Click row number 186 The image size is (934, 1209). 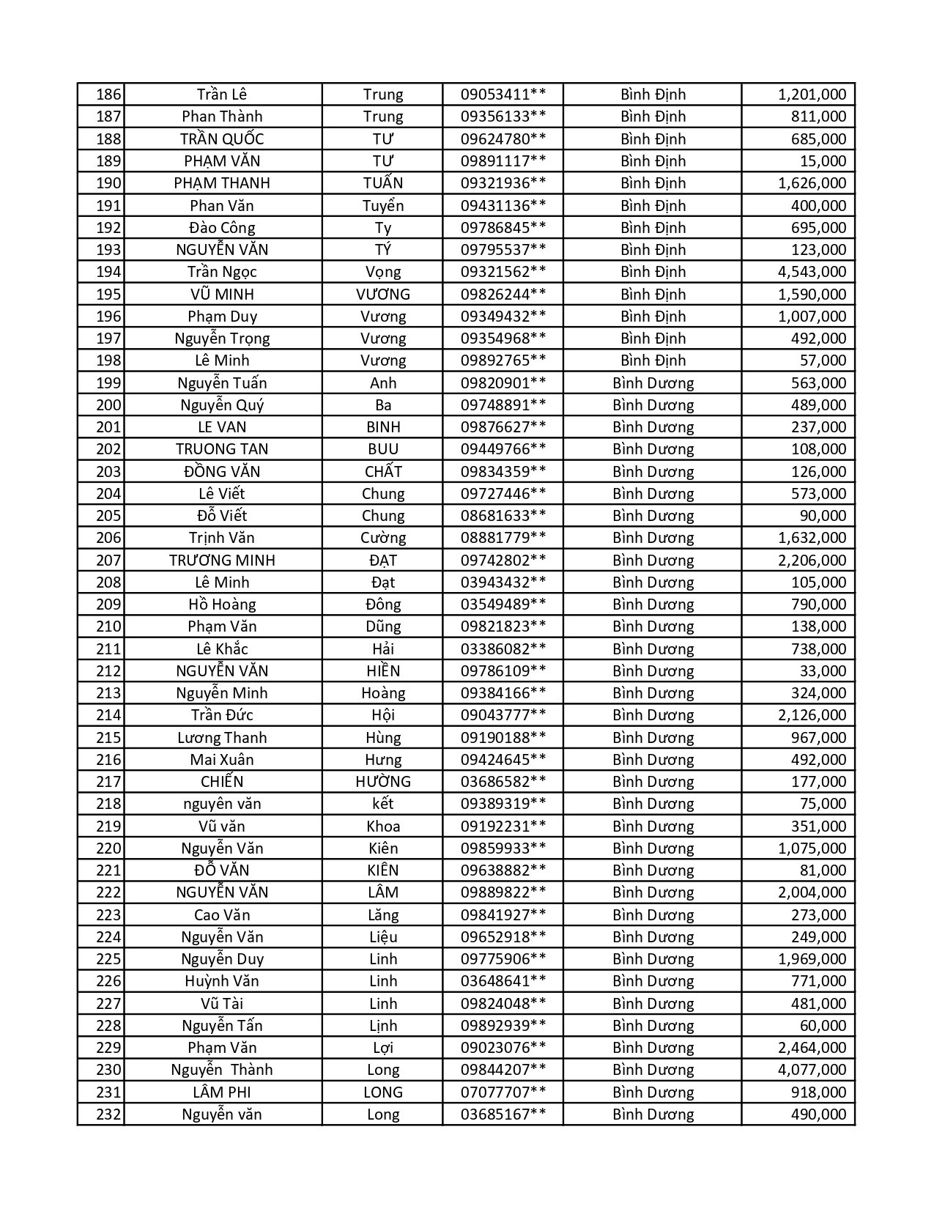pos(108,95)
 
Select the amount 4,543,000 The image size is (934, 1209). pos(812,272)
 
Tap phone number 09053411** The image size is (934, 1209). pos(503,95)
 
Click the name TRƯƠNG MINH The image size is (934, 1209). pos(222,561)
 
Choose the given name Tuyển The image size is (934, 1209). pos(382,206)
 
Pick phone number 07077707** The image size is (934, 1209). pos(503,1092)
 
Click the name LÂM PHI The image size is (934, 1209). pos(222,1092)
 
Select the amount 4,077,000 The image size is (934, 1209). pos(812,1070)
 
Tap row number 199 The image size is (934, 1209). pos(108,383)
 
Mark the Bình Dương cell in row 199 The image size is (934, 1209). pos(653,383)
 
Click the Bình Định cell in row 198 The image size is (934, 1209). pos(653,361)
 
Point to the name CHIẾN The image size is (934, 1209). pos(222,782)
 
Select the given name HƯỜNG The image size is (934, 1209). pos(382,782)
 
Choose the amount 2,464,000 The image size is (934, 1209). pos(812,1048)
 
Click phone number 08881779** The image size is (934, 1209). pos(503,538)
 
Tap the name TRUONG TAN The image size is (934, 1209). pos(222,449)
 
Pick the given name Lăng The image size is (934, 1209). pos(382,915)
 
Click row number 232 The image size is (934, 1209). pos(108,1114)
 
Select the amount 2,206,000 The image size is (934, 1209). pos(812,561)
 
